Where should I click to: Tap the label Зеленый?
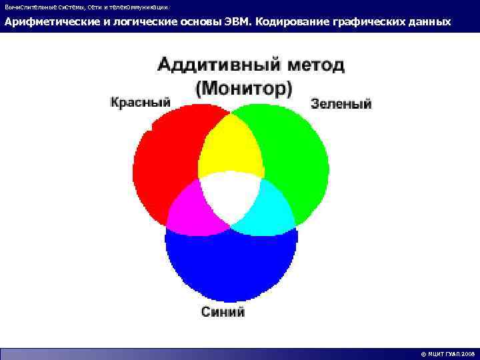coord(341,104)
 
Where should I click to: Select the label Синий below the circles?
coord(223,311)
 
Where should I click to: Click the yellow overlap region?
coord(230,147)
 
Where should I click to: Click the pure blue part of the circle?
coord(230,267)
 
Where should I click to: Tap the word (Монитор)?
coord(244,87)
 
